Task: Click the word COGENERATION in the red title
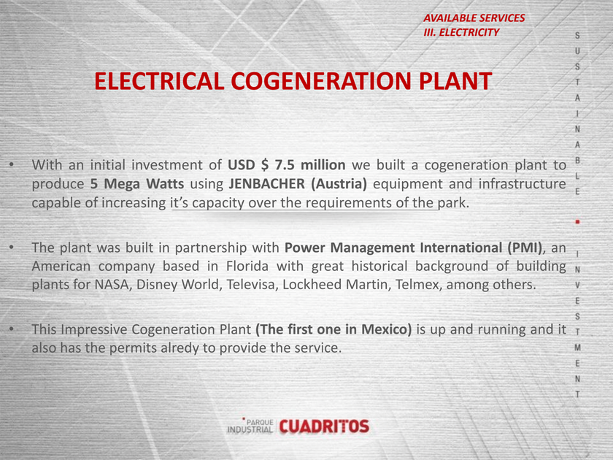coord(321,81)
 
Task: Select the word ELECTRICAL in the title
coord(159,81)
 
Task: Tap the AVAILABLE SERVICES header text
coord(474,18)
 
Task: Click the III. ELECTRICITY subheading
coord(461,32)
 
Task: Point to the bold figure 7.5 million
coord(310,165)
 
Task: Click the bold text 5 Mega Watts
coord(137,183)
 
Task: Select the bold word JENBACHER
coord(266,183)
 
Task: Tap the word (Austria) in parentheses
coord(339,183)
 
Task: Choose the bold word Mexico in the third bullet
coord(386,329)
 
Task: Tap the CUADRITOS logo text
coord(324,426)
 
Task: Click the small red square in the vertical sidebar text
coord(577,222)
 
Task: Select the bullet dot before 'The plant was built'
coord(12,248)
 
